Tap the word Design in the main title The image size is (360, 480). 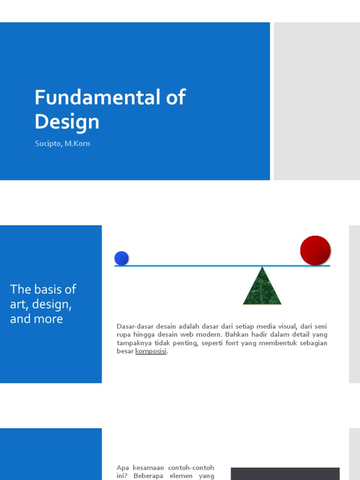(x=67, y=122)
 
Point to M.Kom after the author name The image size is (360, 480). (x=77, y=144)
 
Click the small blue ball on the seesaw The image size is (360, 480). (x=121, y=258)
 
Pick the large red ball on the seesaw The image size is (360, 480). (x=315, y=250)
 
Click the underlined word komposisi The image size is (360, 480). (x=151, y=352)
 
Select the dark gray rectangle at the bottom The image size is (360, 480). (x=285, y=473)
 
